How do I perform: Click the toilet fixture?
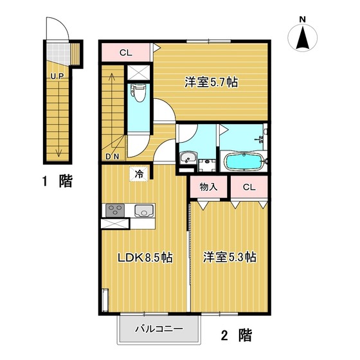(x=138, y=93)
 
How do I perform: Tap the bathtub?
(x=244, y=162)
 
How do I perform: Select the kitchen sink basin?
(x=144, y=211)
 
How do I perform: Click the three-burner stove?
(x=115, y=210)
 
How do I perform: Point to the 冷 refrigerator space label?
(x=139, y=174)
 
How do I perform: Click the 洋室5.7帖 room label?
(x=212, y=82)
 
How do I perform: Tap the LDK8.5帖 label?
(x=145, y=258)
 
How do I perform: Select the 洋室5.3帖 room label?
(x=230, y=257)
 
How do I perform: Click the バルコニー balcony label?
(x=159, y=329)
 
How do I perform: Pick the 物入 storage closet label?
(x=208, y=187)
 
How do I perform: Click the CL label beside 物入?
(x=249, y=187)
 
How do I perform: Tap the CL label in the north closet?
(x=126, y=53)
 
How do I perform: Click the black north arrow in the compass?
(x=303, y=38)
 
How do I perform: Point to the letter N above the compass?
(x=303, y=20)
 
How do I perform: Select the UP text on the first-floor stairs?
(x=57, y=76)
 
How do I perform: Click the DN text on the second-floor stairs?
(x=113, y=157)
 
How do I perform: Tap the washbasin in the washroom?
(x=188, y=158)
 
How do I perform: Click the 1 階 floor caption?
(x=57, y=181)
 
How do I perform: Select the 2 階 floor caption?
(x=237, y=335)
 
